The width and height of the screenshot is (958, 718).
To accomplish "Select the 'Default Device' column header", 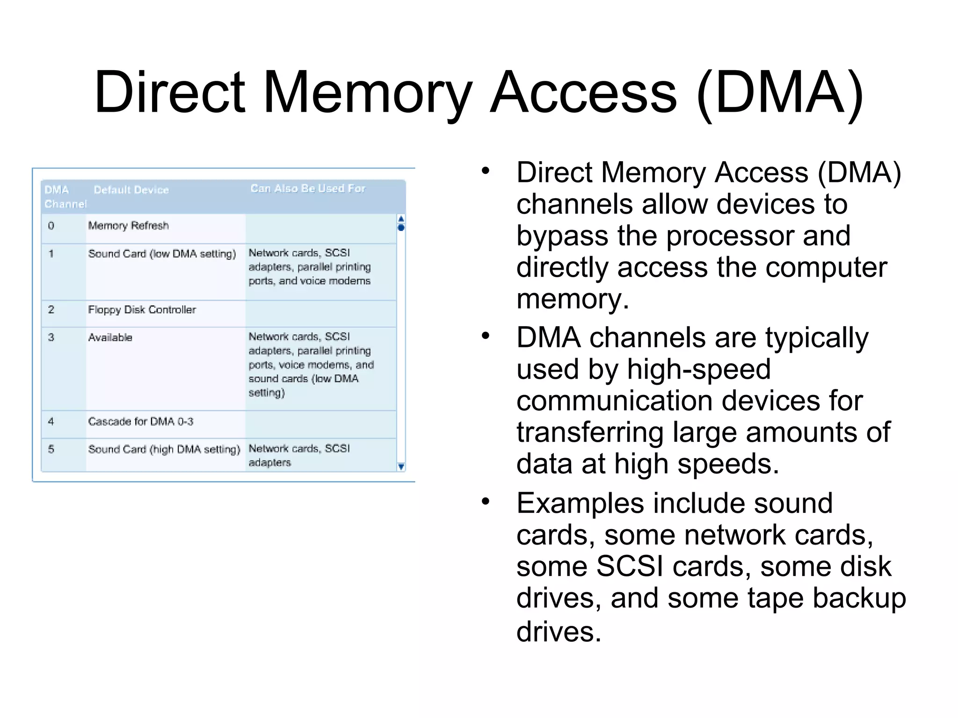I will click(131, 190).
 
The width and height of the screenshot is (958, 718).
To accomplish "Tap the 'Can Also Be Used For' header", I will click(308, 188).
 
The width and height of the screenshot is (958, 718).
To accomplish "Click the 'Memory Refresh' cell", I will click(128, 226).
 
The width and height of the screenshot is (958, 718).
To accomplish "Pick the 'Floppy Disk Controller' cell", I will click(142, 310).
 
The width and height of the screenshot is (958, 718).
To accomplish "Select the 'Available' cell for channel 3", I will click(110, 337).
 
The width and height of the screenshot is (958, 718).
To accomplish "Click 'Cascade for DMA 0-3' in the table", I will click(140, 422).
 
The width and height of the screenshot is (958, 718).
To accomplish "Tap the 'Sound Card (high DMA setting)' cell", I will click(164, 449).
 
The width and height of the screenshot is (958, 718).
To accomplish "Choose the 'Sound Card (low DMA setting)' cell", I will click(162, 254).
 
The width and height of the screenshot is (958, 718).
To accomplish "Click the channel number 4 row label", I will click(51, 422).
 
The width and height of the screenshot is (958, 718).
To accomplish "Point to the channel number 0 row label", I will click(51, 226).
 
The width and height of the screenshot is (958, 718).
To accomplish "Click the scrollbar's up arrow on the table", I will click(401, 219).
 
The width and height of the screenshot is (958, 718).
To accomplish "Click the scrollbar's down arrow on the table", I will click(401, 467).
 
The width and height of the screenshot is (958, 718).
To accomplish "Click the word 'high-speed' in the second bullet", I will click(698, 369).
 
